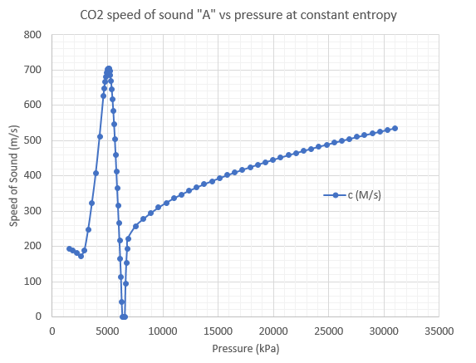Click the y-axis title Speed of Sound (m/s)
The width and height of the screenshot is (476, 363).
pyautogui.click(x=13, y=175)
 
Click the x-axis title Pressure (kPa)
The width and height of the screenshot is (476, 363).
pyautogui.click(x=245, y=349)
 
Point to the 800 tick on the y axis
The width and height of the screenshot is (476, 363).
pyautogui.click(x=32, y=35)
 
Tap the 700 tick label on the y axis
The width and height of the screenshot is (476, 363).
pyautogui.click(x=32, y=70)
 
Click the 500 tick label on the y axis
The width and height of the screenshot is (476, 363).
pyautogui.click(x=32, y=140)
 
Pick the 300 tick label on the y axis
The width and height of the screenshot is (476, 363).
pyautogui.click(x=32, y=211)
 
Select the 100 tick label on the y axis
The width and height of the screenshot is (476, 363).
pyautogui.click(x=32, y=282)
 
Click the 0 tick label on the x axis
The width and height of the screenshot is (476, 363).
pyautogui.click(x=52, y=330)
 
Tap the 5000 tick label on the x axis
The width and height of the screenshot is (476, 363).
pyautogui.click(x=107, y=330)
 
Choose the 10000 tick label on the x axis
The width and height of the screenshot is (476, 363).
pyautogui.click(x=162, y=330)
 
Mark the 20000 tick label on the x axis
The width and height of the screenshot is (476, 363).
pyautogui.click(x=272, y=330)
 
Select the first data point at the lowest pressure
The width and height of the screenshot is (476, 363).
pyautogui.click(x=69, y=248)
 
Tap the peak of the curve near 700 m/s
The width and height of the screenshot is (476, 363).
pyautogui.click(x=108, y=69)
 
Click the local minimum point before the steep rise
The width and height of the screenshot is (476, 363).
pyautogui.click(x=81, y=256)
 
